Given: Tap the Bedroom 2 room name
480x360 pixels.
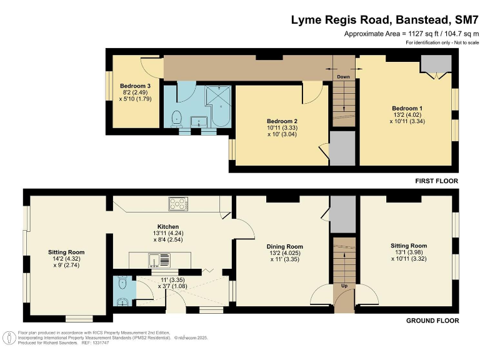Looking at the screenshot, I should click(x=282, y=121).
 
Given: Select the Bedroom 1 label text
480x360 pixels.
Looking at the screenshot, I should click(x=407, y=108).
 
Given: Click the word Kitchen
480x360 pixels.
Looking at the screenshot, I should click(x=168, y=226).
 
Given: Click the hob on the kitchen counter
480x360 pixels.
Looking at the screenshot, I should click(x=178, y=204).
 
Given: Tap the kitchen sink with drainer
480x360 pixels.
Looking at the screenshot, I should click(x=156, y=258).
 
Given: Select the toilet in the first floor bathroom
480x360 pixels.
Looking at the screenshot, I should click(x=177, y=116).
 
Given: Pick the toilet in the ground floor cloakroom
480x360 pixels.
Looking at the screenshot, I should click(x=123, y=285).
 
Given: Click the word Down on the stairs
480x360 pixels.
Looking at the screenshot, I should click(x=343, y=77).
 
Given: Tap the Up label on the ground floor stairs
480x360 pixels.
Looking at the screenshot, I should click(x=343, y=285).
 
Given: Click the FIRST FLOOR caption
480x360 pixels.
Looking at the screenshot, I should click(x=437, y=181).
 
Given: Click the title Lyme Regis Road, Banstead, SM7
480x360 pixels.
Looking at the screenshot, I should click(x=384, y=19).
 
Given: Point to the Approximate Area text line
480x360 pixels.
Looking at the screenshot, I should click(x=411, y=34).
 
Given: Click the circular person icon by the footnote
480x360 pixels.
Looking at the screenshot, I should click(x=10, y=338).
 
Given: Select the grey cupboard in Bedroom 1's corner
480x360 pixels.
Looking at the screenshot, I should click(x=436, y=63).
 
